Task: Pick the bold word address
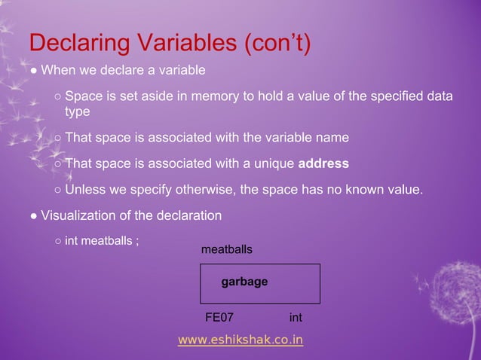point(324,163)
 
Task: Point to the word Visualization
point(78,215)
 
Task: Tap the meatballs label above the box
point(226,249)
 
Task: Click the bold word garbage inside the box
point(244,282)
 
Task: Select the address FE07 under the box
point(219,318)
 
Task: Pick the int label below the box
point(296,318)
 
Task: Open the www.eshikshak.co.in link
point(240,340)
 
